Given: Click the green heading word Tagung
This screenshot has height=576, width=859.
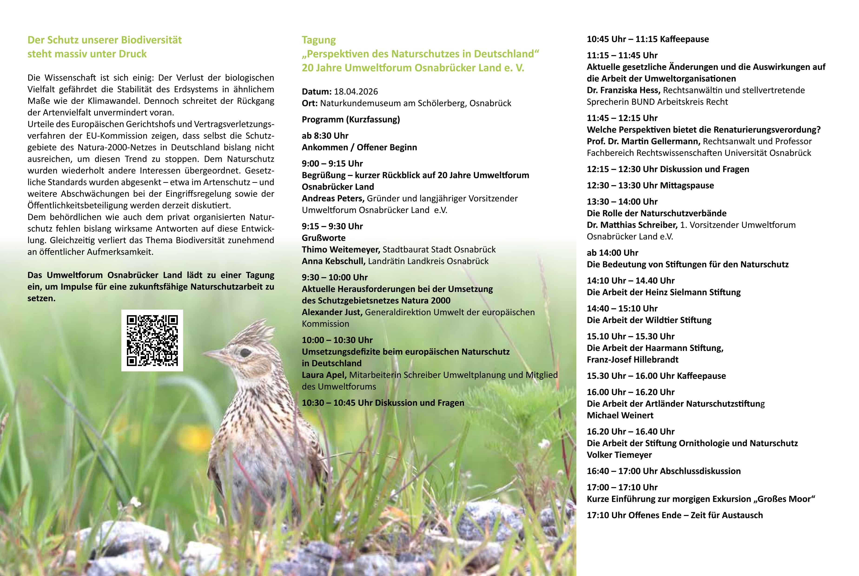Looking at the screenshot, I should [x=319, y=40].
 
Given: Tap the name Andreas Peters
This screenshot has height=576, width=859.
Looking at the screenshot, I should [x=333, y=198].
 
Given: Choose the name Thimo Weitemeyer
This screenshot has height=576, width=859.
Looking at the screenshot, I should [x=340, y=249].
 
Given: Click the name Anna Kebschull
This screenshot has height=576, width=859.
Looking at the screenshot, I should [x=333, y=261].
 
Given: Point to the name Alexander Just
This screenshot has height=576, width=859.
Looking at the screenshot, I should [x=332, y=312].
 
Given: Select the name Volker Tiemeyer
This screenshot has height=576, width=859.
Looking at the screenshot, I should [x=619, y=455].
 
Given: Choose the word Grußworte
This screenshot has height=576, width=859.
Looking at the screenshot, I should [x=324, y=238].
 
